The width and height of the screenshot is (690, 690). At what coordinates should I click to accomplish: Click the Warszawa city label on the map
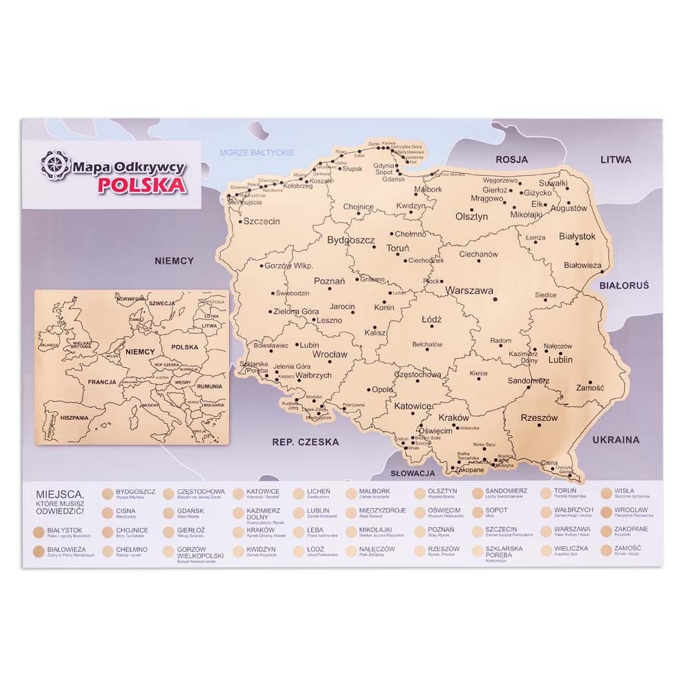tap(469, 290)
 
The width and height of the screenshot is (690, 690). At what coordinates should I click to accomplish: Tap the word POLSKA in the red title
tap(141, 185)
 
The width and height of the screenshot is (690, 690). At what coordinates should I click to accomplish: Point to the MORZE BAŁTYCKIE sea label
tap(257, 152)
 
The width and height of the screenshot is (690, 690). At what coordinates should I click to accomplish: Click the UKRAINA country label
tap(615, 440)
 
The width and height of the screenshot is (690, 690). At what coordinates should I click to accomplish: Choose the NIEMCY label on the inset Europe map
tap(140, 351)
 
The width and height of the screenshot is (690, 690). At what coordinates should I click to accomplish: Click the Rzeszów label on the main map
tap(539, 417)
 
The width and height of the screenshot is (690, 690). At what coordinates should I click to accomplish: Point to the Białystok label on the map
tap(577, 236)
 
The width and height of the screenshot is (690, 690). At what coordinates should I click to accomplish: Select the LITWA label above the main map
tap(615, 159)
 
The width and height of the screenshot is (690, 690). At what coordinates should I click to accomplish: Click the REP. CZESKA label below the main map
tap(306, 442)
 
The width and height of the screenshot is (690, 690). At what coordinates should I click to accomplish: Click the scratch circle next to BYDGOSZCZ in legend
tap(107, 493)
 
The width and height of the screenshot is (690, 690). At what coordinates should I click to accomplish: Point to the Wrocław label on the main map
tap(330, 354)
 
